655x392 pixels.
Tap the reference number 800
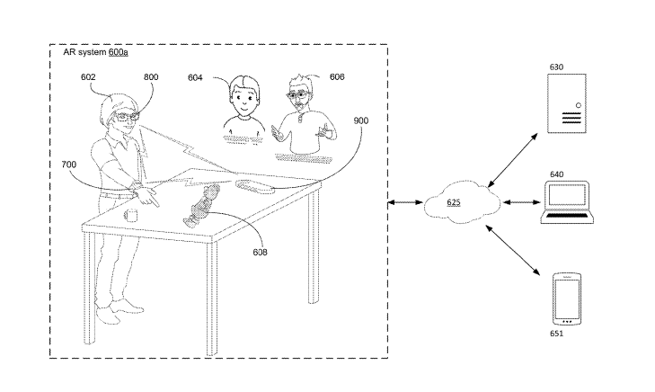(151, 77)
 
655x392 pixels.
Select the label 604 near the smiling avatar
(196, 78)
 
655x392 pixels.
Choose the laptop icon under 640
(568, 202)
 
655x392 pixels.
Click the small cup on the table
(130, 215)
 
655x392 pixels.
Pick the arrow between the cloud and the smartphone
(516, 251)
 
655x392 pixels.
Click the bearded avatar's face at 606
(301, 97)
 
